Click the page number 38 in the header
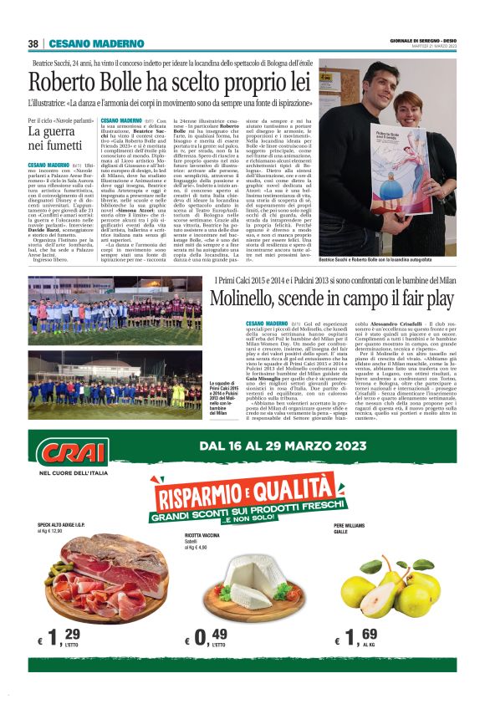click(x=33, y=43)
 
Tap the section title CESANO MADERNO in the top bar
click(x=84, y=43)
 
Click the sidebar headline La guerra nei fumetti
click(x=56, y=138)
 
